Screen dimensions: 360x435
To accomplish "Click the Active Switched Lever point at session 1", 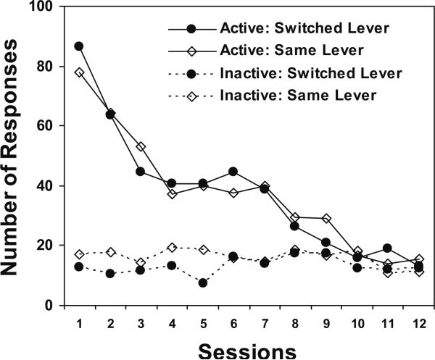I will (79, 46).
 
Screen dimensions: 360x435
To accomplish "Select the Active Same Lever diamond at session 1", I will (79, 72).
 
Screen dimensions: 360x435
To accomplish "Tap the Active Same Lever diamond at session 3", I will (141, 146).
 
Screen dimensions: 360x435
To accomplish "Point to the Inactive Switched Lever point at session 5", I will (203, 282).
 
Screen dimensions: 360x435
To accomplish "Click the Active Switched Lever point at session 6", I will (233, 172).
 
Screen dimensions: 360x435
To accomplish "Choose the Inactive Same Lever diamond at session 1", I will (79, 254).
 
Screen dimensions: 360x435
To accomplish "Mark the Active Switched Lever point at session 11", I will (388, 248).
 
